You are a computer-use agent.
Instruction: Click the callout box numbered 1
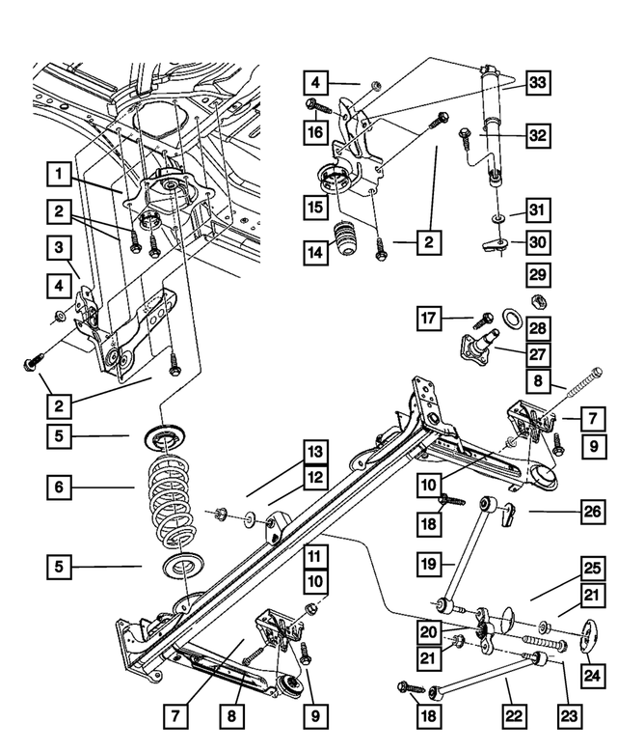pyautogui.click(x=60, y=175)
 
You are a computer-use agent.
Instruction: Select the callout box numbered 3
pyautogui.click(x=60, y=250)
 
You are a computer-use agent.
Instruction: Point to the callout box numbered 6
pyautogui.click(x=60, y=489)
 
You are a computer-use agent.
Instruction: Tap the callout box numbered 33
pyautogui.click(x=538, y=84)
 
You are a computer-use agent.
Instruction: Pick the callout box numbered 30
pyautogui.click(x=538, y=243)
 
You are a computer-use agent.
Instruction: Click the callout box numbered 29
pyautogui.click(x=538, y=277)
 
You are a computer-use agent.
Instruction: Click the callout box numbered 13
pyautogui.click(x=312, y=451)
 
